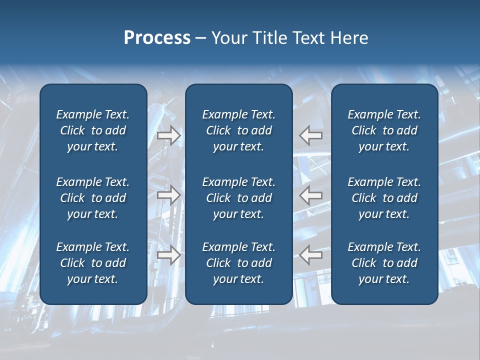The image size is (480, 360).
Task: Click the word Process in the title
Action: pyautogui.click(x=157, y=38)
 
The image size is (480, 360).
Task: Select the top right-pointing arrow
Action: pyautogui.click(x=168, y=135)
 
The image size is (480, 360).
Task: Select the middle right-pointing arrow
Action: pyautogui.click(x=168, y=195)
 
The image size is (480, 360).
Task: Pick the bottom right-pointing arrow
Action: pyautogui.click(x=168, y=255)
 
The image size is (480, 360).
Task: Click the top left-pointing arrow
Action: pyautogui.click(x=311, y=135)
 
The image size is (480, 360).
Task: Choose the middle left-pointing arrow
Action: pyautogui.click(x=311, y=195)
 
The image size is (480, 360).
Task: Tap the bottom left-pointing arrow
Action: pyautogui.click(x=311, y=255)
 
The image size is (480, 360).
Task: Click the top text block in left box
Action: pyautogui.click(x=93, y=130)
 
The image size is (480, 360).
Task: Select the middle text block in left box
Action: pyautogui.click(x=93, y=198)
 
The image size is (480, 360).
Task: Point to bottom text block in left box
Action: pyautogui.click(x=93, y=263)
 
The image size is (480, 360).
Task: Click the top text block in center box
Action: pyautogui.click(x=238, y=130)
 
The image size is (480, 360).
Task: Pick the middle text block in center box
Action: pyautogui.click(x=238, y=198)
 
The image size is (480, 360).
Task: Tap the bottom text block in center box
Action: pyautogui.click(x=238, y=263)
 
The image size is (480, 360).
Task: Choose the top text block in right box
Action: pyautogui.click(x=384, y=130)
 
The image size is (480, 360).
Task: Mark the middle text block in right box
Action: pyautogui.click(x=384, y=198)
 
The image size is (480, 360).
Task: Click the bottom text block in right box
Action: pyautogui.click(x=384, y=263)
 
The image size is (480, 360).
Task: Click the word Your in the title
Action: pyautogui.click(x=228, y=38)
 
